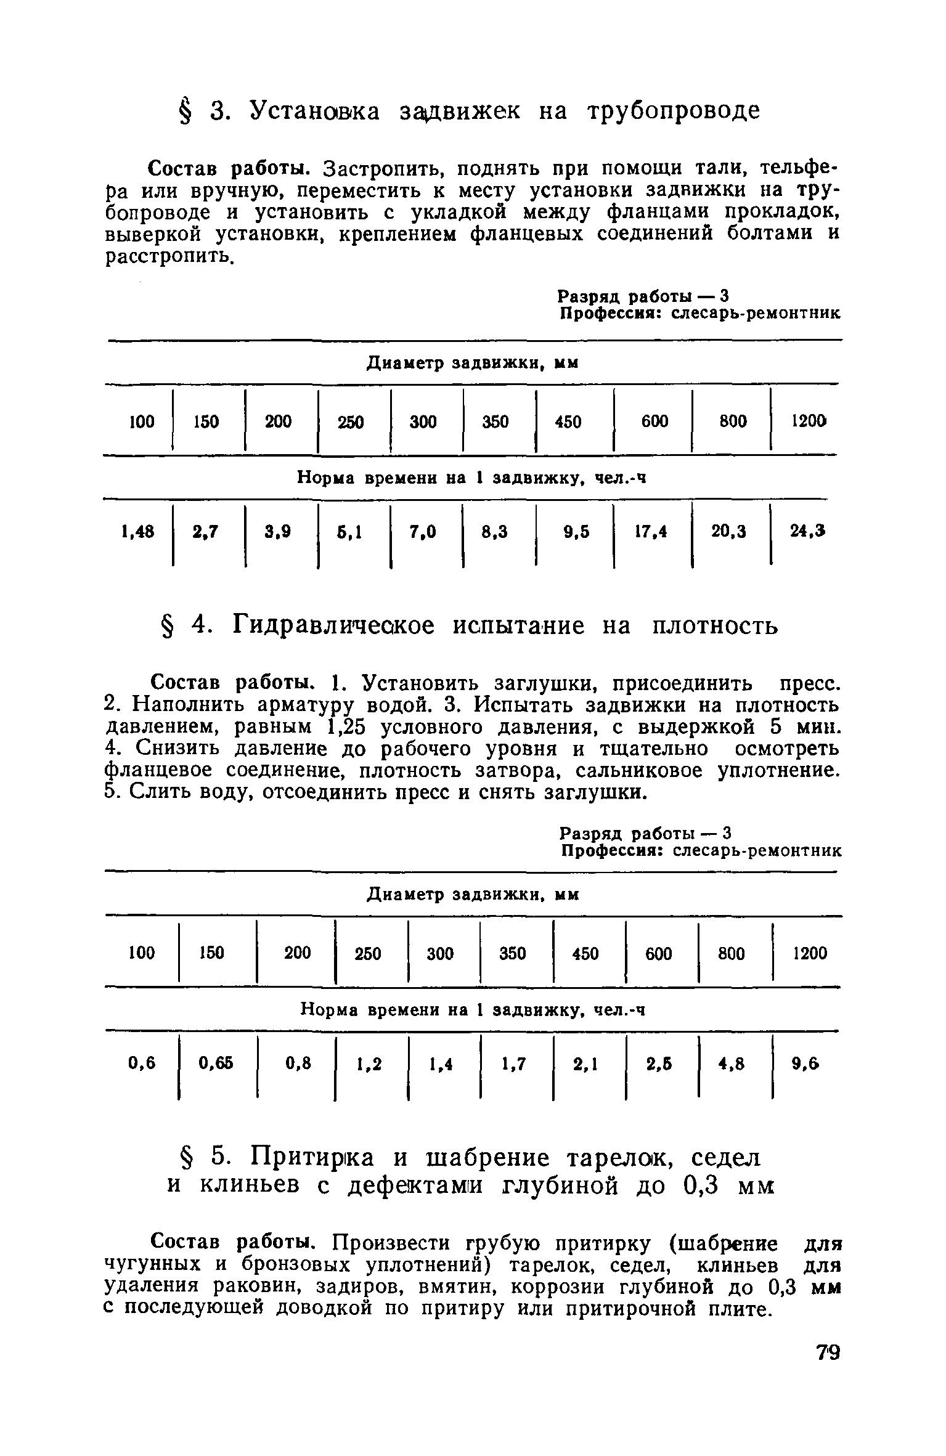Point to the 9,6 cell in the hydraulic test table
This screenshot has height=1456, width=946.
805,1063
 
